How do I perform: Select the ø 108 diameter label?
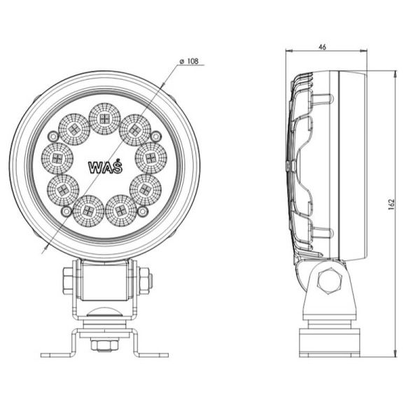[189, 62]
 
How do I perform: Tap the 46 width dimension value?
[322, 47]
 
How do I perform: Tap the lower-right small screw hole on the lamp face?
[143, 210]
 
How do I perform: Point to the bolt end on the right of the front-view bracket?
[146, 281]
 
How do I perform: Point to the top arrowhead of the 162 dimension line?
[397, 72]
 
